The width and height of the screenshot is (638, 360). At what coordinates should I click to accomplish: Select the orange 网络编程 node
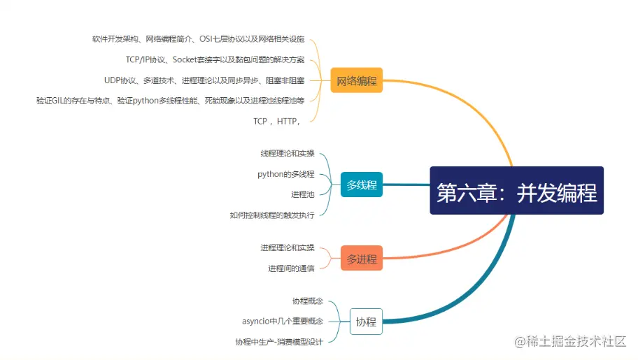(356, 81)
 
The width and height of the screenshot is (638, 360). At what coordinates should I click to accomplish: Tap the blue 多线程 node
(361, 185)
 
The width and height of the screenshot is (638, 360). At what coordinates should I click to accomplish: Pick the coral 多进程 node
(361, 259)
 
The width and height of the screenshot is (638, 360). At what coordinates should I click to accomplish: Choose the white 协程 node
(365, 322)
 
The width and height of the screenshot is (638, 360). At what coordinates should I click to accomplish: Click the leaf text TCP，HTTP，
(277, 121)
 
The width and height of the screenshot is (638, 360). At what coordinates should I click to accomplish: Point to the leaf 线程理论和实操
(287, 153)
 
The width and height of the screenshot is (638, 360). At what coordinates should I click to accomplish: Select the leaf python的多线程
(285, 174)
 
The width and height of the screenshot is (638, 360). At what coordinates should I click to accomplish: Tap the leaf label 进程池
(302, 194)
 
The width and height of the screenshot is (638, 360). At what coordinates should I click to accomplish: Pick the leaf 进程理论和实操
(287, 247)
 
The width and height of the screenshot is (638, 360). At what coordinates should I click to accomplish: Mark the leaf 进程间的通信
(290, 268)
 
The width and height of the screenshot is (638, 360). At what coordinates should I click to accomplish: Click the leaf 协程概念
(308, 301)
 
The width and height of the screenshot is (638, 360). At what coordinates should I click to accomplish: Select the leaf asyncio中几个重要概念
(282, 322)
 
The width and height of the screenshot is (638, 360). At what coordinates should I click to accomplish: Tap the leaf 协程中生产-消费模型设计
(279, 342)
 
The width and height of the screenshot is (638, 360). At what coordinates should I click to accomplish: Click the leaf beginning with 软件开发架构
(198, 39)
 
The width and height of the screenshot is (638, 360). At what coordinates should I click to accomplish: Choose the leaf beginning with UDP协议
(204, 80)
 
